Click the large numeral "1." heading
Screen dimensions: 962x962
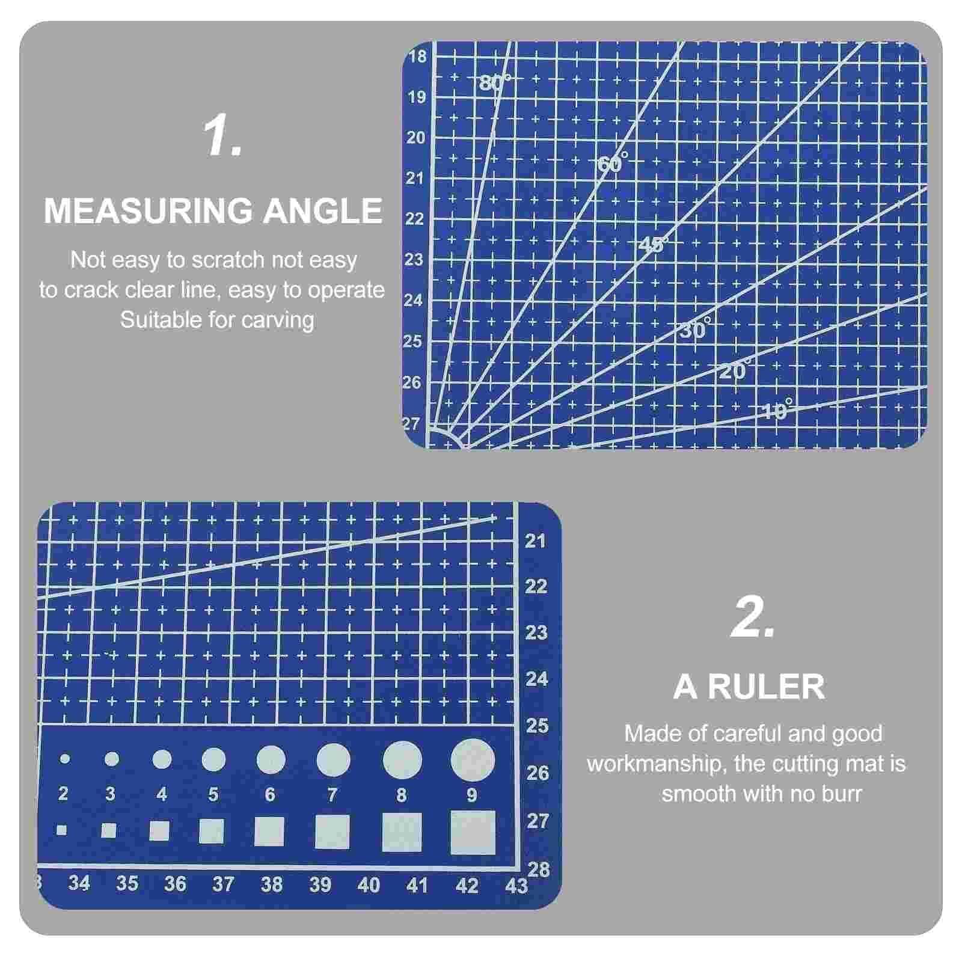(223, 137)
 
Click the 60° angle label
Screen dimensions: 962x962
(613, 162)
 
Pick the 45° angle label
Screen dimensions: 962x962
(653, 245)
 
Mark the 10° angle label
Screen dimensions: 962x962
(777, 411)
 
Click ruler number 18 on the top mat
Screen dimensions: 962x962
(417, 57)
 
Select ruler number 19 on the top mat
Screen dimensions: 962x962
(417, 97)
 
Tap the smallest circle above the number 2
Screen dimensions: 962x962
(65, 759)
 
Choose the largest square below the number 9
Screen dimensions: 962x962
(473, 832)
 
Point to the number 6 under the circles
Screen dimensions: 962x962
(270, 795)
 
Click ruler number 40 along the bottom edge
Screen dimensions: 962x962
(369, 885)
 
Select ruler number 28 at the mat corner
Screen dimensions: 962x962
(538, 869)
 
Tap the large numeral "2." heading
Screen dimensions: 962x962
(752, 619)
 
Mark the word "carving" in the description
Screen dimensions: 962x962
(278, 320)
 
